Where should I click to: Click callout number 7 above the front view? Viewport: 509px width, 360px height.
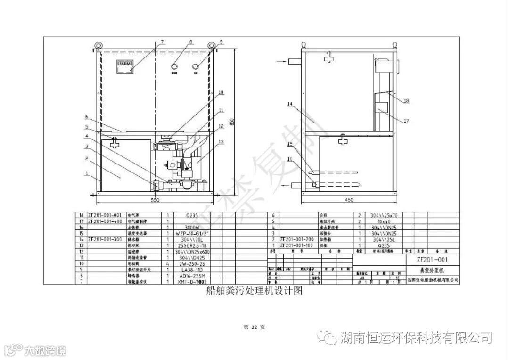pos(163,41)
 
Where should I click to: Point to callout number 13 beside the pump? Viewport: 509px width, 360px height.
pos(221,142)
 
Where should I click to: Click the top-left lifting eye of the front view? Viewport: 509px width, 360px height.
pos(99,45)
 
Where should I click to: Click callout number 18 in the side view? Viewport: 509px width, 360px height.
pos(407,100)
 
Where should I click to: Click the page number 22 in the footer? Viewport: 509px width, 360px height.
pos(254,327)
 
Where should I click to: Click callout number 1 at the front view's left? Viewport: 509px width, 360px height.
pos(86,173)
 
